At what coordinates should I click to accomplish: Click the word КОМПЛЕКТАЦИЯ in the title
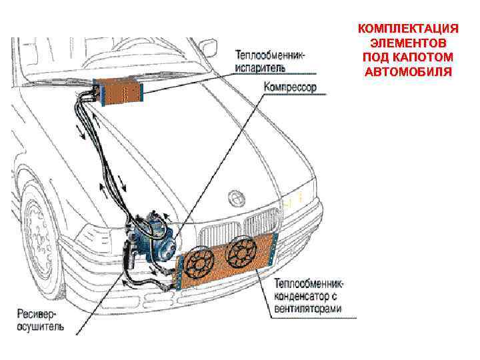(x=408, y=29)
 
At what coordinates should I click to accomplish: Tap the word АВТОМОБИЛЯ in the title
(x=408, y=71)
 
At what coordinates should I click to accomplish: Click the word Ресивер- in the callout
(x=36, y=314)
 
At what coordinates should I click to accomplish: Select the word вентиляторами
(x=307, y=309)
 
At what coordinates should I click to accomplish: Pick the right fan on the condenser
(x=241, y=253)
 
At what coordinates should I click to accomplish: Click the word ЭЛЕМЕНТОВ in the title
(x=408, y=43)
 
